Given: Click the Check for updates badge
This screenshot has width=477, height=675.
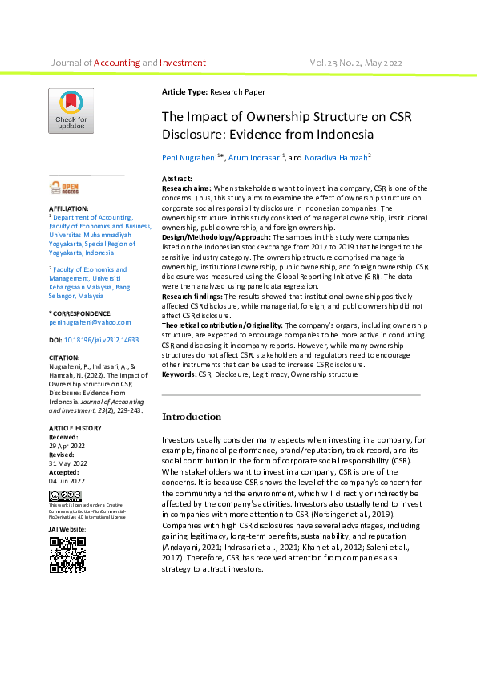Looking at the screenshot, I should (71, 111).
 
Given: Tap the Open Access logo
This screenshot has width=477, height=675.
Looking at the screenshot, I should (65, 188).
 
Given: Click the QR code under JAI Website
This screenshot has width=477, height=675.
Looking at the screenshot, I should (68, 554).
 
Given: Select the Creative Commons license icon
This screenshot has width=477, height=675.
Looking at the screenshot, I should (65, 496).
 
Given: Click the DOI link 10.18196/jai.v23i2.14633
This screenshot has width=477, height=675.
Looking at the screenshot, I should (101, 340).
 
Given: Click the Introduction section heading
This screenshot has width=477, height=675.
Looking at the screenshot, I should (192, 417).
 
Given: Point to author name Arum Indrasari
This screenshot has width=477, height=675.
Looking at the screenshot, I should (256, 158).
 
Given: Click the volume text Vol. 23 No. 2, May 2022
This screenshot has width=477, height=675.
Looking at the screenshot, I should (356, 63).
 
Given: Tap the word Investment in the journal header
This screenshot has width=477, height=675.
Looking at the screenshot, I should (183, 63).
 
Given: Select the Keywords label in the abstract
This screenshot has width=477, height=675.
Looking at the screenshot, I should (180, 374).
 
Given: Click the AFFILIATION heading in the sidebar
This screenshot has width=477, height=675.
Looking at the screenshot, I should (69, 208).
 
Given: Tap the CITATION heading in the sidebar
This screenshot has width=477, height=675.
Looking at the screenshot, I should (65, 358).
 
